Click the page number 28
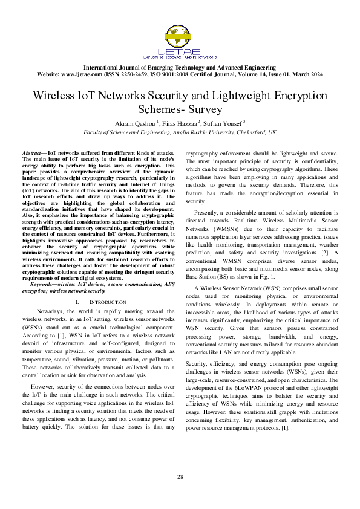[180, 478]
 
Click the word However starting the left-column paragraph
[42, 386]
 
